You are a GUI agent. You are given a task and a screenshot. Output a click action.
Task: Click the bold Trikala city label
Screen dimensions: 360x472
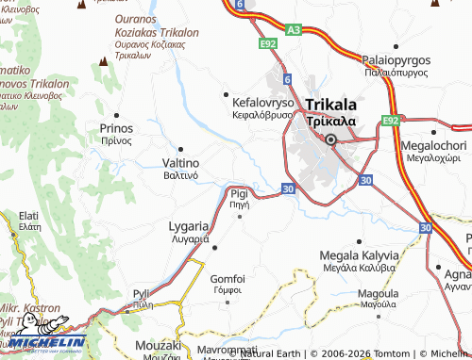(x=330, y=105)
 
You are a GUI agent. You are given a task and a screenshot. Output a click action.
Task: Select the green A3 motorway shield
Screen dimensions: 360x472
(x=294, y=30)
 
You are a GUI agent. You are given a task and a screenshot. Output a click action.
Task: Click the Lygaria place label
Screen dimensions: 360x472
(x=189, y=227)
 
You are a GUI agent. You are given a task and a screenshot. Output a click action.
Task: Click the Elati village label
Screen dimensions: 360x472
(x=29, y=215)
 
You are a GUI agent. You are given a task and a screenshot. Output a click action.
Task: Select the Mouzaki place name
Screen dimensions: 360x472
(x=158, y=346)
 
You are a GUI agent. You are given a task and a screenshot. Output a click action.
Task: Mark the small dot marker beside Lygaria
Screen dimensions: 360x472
(x=216, y=248)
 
